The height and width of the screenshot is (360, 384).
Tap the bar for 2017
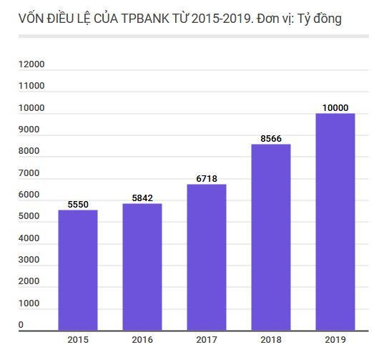pos(206,257)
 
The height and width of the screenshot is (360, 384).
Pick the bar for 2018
pos(270,237)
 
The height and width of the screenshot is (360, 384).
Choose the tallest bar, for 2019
pos(335,222)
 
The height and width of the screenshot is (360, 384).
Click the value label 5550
pos(78,205)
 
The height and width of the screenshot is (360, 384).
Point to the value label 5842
pos(142,198)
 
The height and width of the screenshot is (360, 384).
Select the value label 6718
pos(206,179)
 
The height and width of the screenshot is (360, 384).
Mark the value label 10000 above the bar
pos(335,108)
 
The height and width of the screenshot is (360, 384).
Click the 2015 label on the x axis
pos(78,340)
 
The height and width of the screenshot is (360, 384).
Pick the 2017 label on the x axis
pos(206,340)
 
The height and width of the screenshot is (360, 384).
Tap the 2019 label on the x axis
pos(335,340)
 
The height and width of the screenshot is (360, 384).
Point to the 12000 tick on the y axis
pos(31,64)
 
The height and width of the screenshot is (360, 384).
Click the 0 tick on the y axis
pos(21,325)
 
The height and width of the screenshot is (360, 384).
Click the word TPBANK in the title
pos(147,19)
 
